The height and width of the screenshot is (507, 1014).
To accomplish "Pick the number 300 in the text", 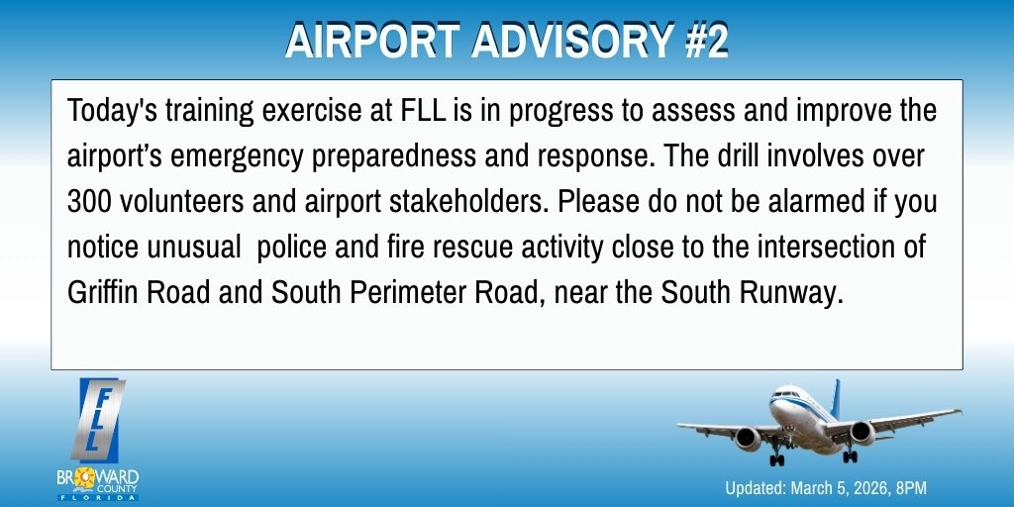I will coord(88,202).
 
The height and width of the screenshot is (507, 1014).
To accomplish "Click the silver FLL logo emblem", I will coord(99,416).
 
